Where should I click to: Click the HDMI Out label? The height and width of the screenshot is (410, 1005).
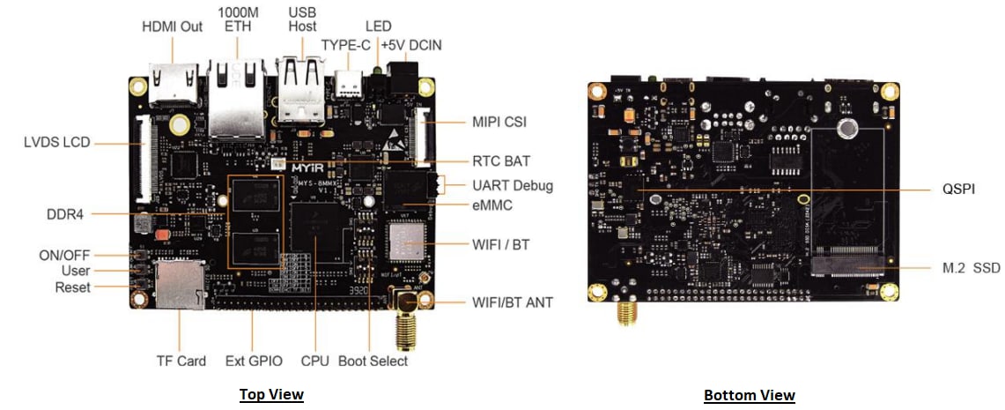[x=172, y=26]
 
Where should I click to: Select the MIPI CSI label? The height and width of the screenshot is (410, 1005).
[x=499, y=122]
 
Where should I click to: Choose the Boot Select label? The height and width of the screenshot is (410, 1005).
[x=373, y=361]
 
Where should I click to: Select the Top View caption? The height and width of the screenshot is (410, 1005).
[x=271, y=394]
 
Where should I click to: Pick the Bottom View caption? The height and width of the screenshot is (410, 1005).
[x=749, y=395]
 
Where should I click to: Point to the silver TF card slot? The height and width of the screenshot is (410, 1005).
[x=181, y=285]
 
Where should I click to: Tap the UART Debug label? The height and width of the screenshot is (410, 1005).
[x=513, y=185]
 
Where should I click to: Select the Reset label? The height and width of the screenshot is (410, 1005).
[x=72, y=287]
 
